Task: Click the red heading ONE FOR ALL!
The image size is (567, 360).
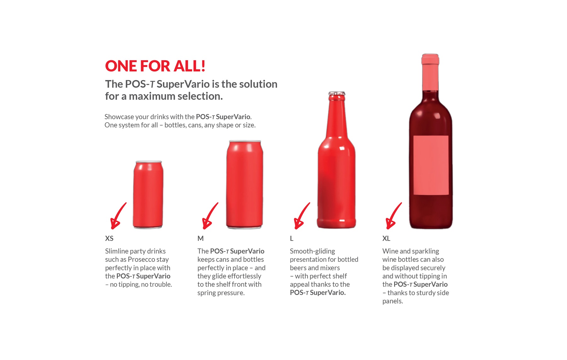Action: (155, 66)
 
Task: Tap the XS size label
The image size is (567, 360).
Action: (109, 238)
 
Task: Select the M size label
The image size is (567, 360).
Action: (200, 238)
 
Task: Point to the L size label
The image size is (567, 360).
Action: (292, 238)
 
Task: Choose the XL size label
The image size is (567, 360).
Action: (386, 238)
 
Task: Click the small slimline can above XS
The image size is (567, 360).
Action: (148, 195)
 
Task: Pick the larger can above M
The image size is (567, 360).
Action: (244, 184)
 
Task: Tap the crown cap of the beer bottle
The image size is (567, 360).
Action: (337, 94)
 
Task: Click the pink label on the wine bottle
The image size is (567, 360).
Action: (431, 165)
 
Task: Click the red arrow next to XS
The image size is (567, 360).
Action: (117, 216)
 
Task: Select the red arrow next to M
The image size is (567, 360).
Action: (209, 216)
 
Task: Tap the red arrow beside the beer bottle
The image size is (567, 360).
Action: (301, 216)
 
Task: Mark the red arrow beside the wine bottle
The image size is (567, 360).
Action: (393, 216)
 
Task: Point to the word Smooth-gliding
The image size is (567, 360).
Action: (312, 251)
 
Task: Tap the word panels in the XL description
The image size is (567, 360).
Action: (392, 301)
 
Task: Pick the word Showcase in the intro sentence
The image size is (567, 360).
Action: (119, 117)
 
